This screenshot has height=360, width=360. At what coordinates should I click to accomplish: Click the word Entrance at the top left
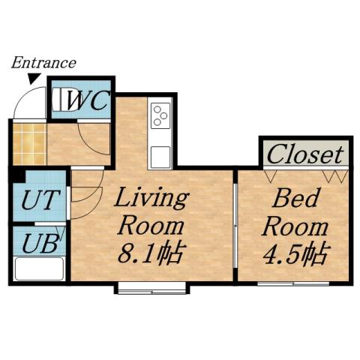click(x=43, y=63)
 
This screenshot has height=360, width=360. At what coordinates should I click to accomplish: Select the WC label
click(x=88, y=100)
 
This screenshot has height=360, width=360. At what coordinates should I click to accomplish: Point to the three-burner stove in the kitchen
click(x=160, y=116)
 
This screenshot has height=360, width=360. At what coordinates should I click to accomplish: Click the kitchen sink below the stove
click(x=160, y=157)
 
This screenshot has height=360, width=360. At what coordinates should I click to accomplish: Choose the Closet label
click(x=305, y=154)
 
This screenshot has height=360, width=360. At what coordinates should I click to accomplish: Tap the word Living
click(x=150, y=199)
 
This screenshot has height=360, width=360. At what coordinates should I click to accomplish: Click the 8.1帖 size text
click(x=150, y=253)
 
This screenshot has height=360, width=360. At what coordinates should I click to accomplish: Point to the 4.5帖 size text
click(x=296, y=254)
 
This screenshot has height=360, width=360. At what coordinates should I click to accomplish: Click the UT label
click(x=37, y=201)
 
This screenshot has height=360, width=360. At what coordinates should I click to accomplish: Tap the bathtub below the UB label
click(x=37, y=268)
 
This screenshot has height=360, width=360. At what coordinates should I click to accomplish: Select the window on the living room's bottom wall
click(x=151, y=287)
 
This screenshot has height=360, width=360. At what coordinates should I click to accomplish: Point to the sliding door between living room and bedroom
click(x=235, y=225)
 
